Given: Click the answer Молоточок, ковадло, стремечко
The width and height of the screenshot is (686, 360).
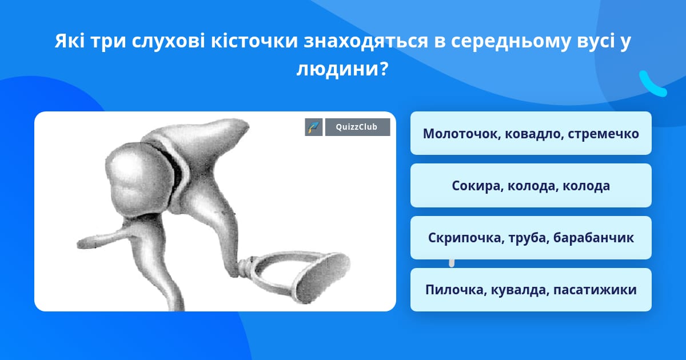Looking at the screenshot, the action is point(531,133).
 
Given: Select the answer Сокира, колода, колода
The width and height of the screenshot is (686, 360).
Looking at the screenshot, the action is point(531,186).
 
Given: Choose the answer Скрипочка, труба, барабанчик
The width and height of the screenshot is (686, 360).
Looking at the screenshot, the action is point(531,238).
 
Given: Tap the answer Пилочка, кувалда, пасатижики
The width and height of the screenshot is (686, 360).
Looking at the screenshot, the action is point(531,290).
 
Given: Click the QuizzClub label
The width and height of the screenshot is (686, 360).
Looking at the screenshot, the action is point(357,127).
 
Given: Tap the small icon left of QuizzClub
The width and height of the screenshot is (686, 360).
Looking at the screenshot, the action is point(314,127).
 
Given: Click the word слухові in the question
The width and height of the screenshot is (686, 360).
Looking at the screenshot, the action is point(169,41).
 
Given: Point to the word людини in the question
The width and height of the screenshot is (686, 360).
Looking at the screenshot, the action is point(338,69).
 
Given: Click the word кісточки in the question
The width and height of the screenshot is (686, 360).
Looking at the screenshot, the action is point(254,41).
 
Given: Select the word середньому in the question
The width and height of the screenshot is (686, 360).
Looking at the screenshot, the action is point(510,41).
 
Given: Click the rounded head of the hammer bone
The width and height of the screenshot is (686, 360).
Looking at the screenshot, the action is point(138,178).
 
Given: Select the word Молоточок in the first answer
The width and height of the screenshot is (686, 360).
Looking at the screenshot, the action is point(461,134).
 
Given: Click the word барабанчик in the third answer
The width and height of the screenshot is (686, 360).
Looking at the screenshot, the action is point(593,238).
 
